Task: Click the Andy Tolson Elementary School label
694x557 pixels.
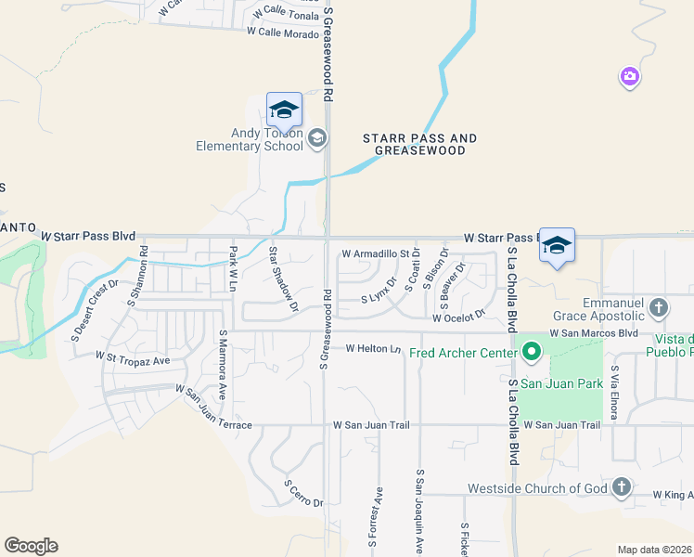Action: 249,139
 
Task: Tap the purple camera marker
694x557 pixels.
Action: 630,77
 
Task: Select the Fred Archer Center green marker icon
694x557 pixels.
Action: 532,352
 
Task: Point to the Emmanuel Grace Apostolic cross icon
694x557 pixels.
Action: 658,307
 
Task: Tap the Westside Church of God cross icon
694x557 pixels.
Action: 621,487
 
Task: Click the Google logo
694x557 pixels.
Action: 31,546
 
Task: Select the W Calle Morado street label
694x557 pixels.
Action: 282,32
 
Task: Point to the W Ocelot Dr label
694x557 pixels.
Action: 458,317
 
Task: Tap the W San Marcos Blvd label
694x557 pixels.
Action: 594,332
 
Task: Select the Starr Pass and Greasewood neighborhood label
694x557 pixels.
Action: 419,144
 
